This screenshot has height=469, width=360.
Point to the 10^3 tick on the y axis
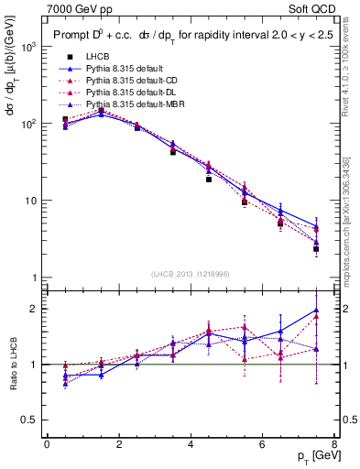pyautogui.click(x=27, y=47)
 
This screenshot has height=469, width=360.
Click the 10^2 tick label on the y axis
pyautogui.click(x=27, y=124)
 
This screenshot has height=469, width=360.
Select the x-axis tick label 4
pyautogui.click(x=191, y=444)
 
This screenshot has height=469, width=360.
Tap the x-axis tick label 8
pyautogui.click(x=333, y=444)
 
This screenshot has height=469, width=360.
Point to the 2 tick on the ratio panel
pyautogui.click(x=33, y=309)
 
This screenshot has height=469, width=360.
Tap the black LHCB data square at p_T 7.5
pyautogui.click(x=316, y=248)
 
